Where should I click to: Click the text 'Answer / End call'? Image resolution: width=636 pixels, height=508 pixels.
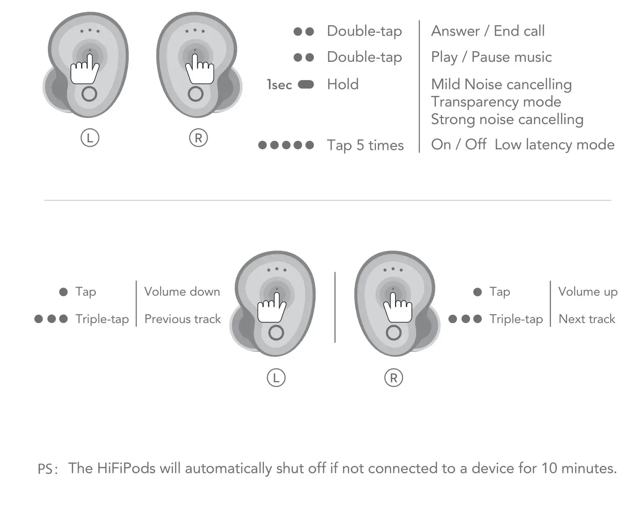click(487, 31)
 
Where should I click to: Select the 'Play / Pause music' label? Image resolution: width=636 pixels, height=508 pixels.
click(491, 57)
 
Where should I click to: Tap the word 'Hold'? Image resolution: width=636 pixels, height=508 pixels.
click(343, 84)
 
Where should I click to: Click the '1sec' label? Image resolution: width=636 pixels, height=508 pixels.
click(279, 85)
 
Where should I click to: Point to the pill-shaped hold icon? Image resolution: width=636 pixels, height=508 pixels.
click(306, 84)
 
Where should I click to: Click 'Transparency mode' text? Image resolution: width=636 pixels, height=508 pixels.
click(496, 102)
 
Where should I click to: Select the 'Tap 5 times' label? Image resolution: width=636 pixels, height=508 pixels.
click(365, 145)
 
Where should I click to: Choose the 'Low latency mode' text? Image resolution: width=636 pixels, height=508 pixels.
click(554, 145)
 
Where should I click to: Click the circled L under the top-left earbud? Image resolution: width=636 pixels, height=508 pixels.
click(90, 138)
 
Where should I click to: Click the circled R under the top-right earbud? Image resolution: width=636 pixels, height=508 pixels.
click(198, 138)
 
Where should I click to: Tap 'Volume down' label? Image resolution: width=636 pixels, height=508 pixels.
click(182, 292)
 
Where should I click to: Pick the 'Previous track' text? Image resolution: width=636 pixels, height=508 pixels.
click(182, 319)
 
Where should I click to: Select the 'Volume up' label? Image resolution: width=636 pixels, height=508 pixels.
click(588, 292)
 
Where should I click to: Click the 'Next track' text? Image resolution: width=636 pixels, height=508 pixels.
click(587, 319)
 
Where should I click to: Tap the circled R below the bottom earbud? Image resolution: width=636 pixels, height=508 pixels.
click(393, 378)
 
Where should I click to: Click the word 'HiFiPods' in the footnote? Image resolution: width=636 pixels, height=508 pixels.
click(126, 468)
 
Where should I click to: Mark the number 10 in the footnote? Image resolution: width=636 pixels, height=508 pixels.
click(549, 468)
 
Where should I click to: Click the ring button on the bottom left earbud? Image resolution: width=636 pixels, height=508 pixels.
click(276, 333)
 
